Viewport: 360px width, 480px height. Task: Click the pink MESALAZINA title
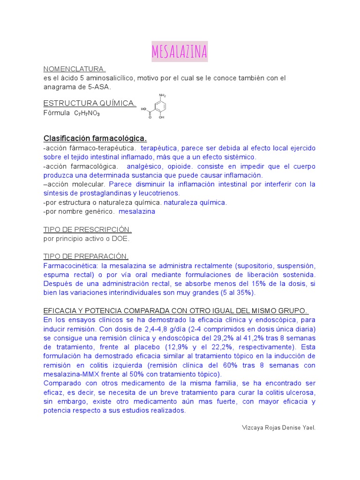pos(180,52)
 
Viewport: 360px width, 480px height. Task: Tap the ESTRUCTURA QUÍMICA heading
pos(90,103)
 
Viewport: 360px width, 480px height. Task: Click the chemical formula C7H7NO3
pos(87,113)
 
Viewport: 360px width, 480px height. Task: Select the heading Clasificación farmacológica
pos(95,138)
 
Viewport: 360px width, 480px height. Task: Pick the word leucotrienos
pos(159,193)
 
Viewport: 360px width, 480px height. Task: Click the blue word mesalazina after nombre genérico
pos(137,211)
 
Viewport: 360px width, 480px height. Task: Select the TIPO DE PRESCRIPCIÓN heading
pos(87,230)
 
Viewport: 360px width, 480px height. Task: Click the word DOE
pos(120,239)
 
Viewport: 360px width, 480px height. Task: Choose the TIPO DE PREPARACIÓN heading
pos(86,256)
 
